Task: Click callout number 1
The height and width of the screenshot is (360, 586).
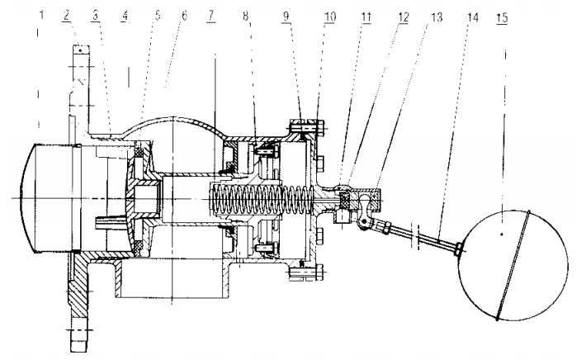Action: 38,14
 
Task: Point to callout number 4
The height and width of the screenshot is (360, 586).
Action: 126,14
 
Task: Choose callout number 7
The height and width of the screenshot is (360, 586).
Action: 213,14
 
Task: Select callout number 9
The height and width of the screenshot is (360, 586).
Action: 305,14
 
